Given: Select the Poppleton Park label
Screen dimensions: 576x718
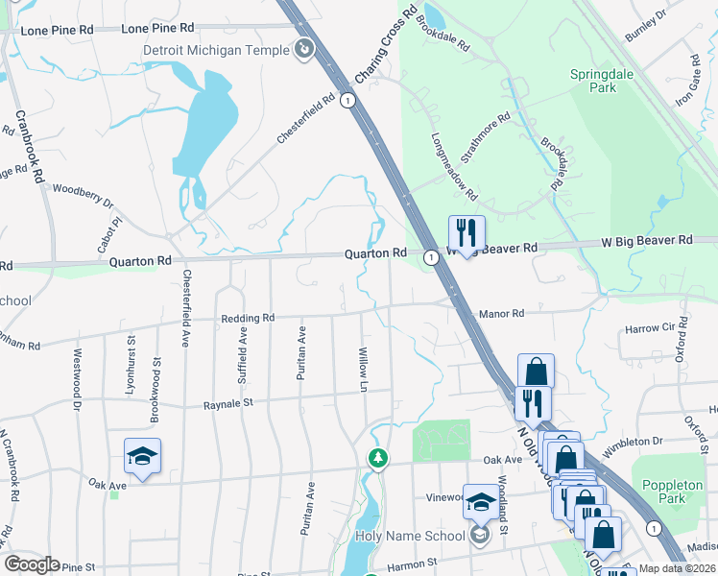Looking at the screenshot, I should (691, 492).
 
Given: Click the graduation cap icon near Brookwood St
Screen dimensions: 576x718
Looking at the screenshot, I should (142, 456).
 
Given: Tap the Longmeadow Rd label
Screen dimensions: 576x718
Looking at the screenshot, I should (454, 165).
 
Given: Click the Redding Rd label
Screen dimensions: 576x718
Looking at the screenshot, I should (248, 318).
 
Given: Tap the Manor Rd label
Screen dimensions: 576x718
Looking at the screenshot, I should (501, 314).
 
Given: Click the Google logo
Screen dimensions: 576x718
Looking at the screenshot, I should (32, 564).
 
